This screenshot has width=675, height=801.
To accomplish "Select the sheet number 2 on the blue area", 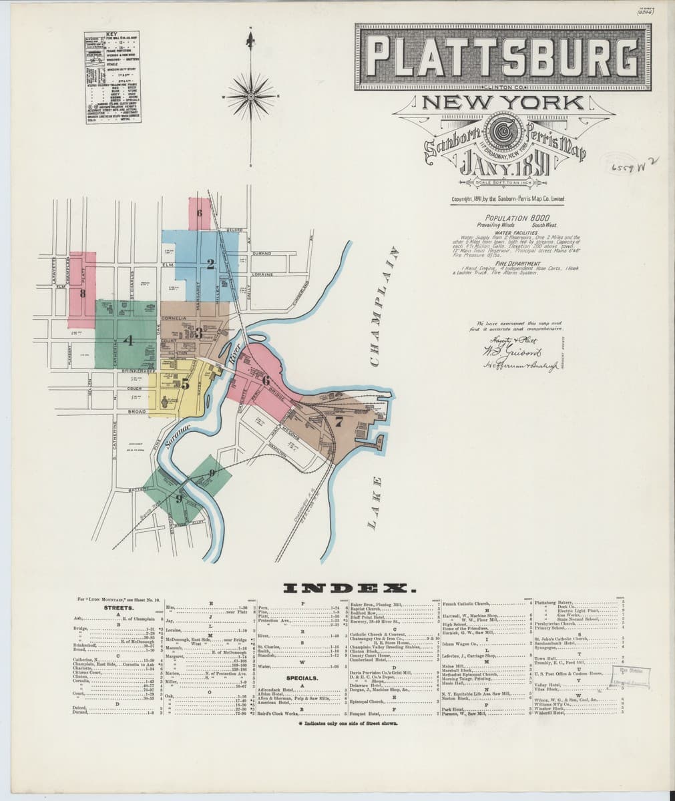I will coord(210,266).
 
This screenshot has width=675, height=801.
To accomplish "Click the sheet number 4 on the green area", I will coord(130,340).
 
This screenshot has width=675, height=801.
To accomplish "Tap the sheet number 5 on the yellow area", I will coord(185,384).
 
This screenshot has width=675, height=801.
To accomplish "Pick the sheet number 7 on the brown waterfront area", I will coord(339,421).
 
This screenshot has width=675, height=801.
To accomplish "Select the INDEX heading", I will coord(349,588).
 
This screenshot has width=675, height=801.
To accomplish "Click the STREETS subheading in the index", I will coord(120,609).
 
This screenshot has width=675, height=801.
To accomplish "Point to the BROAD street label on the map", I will coord(136,412).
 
